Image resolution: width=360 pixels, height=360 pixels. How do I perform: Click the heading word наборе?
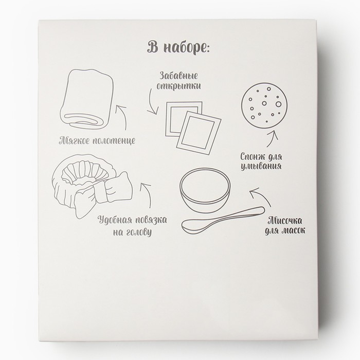pyautogui.click(x=186, y=48)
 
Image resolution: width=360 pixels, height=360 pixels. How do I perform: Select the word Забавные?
pyautogui.click(x=178, y=76)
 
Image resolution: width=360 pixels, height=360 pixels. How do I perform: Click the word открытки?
pyautogui.click(x=178, y=86)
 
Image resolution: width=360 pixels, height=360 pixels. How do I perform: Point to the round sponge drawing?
pyautogui.click(x=264, y=105)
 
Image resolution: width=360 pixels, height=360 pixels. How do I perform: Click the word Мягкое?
pyautogui.click(x=74, y=140)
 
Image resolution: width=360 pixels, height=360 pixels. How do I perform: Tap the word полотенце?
pyautogui.click(x=114, y=140)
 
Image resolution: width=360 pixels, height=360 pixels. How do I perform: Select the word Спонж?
pyautogui.click(x=253, y=157)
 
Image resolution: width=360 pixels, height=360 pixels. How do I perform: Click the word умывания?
pyautogui.click(x=261, y=166)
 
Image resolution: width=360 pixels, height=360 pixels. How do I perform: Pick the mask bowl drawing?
pyautogui.click(x=205, y=190)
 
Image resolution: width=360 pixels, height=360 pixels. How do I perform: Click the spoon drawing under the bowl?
pyautogui.click(x=223, y=220)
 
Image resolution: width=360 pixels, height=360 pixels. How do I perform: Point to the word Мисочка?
pyautogui.click(x=285, y=221)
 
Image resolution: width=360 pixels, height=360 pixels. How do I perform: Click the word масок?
pyautogui.click(x=293, y=230)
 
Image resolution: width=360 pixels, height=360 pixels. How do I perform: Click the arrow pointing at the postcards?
pyautogui.click(x=150, y=102)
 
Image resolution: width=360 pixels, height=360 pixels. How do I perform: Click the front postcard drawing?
pyautogui.click(x=199, y=133)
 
